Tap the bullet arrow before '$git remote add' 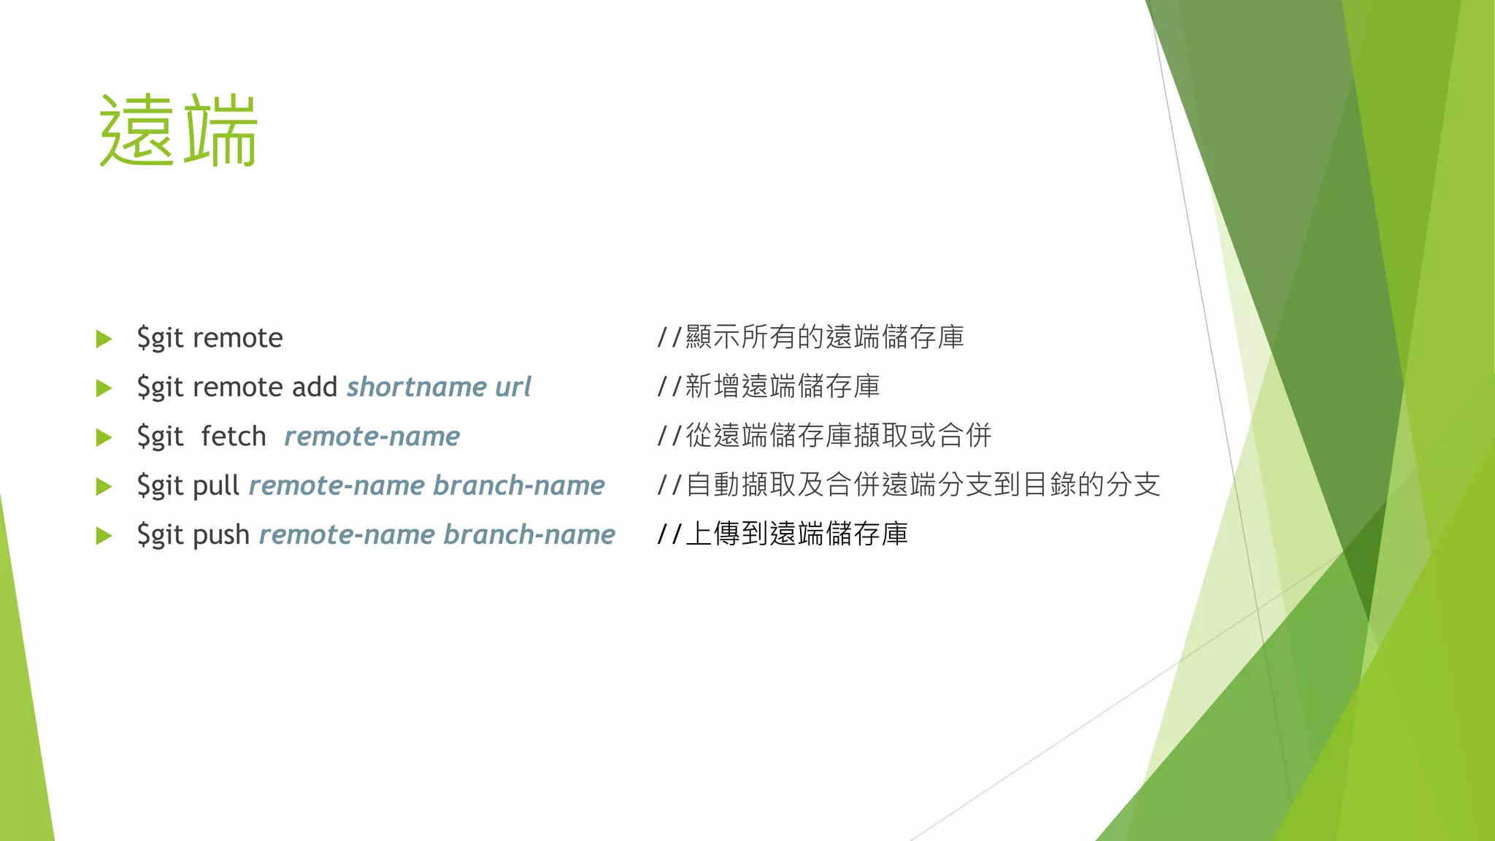(x=104, y=388)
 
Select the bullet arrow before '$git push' (x=104, y=536)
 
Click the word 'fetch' (x=234, y=437)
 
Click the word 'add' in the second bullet (x=315, y=387)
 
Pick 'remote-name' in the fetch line (x=372, y=437)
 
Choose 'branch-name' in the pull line (x=518, y=485)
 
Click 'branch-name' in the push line (x=529, y=535)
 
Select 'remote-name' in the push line (x=347, y=535)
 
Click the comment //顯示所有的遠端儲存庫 (x=810, y=337)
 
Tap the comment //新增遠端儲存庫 (x=769, y=386)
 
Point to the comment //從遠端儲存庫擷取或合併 (x=824, y=436)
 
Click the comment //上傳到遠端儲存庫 (x=783, y=534)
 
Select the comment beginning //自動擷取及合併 (x=908, y=485)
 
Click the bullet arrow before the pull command (x=104, y=486)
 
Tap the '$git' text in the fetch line (x=160, y=437)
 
